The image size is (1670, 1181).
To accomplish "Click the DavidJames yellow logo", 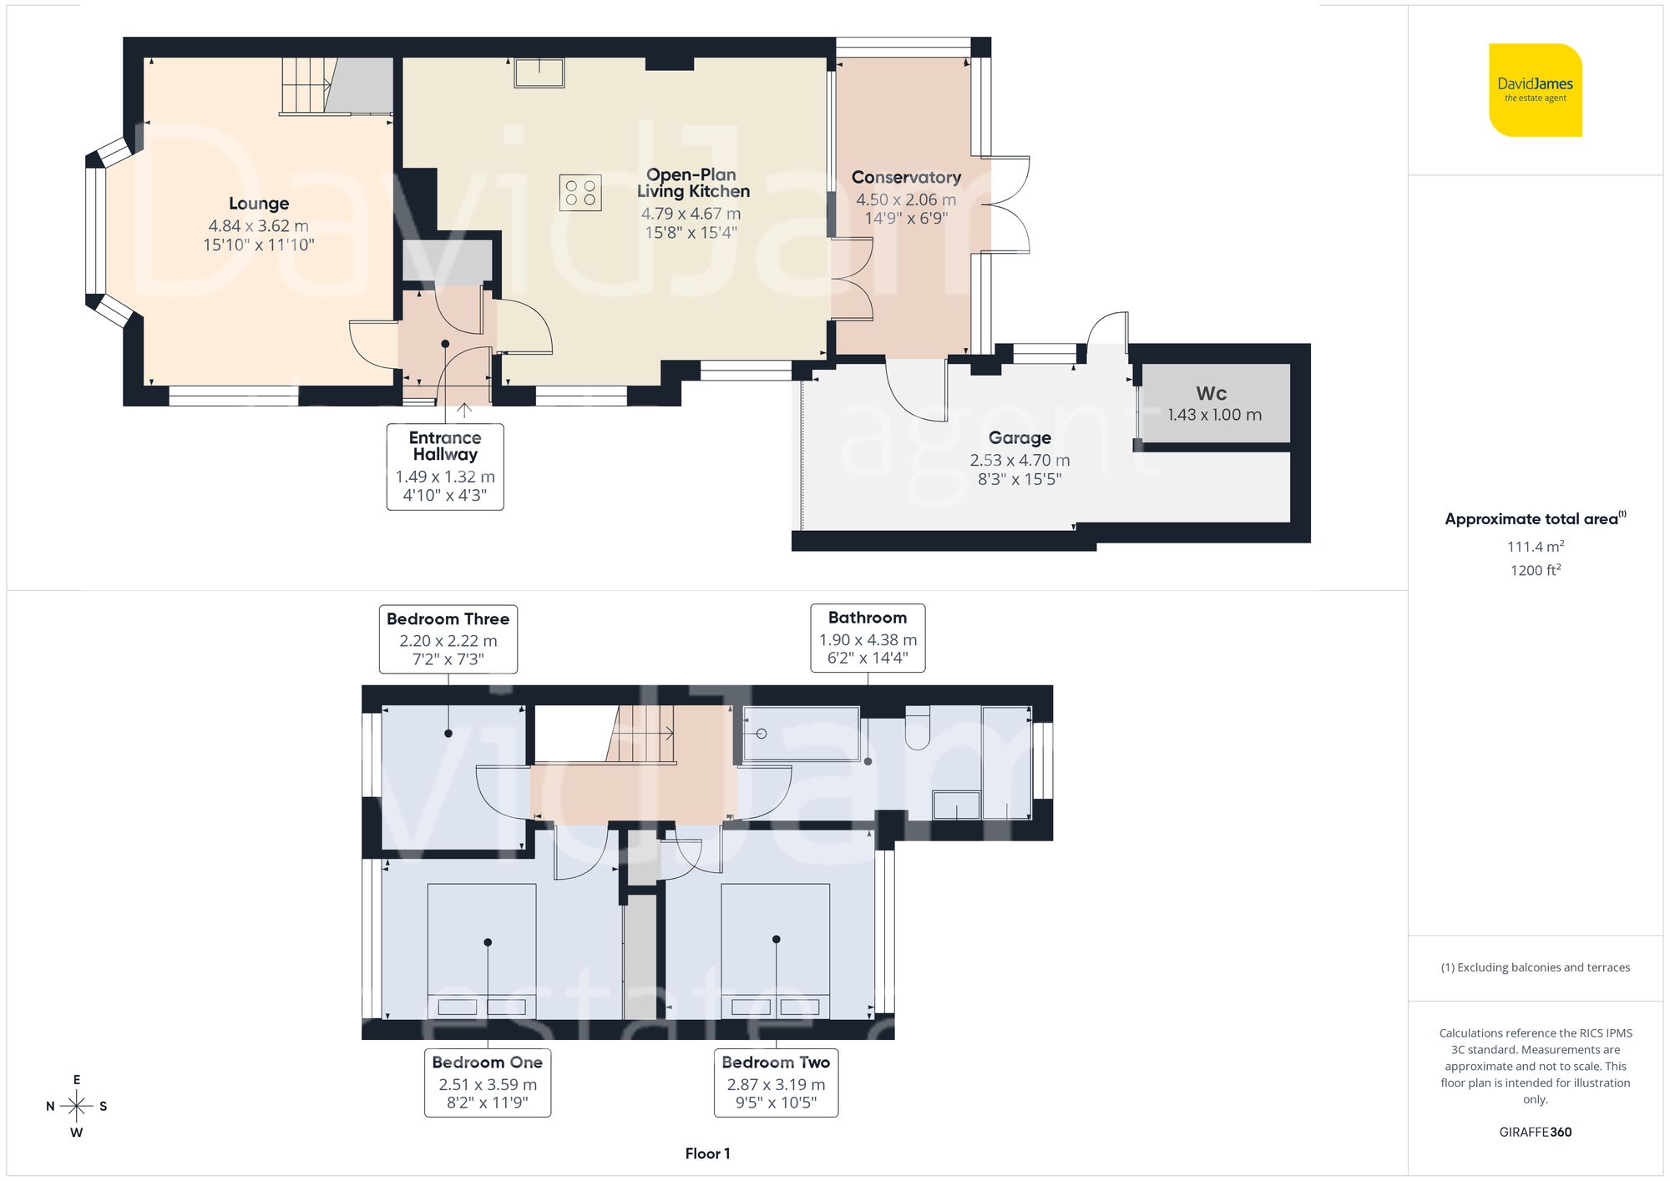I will click(1535, 90).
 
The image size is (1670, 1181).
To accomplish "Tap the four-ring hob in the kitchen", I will click(580, 193).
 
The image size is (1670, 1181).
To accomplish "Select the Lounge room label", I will click(259, 204).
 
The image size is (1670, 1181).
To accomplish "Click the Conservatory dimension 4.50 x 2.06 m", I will click(906, 199).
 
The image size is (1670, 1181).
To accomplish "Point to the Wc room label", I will click(1211, 393).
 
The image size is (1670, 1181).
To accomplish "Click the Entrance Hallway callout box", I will click(445, 466).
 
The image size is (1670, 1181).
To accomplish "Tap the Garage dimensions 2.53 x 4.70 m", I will click(1020, 460).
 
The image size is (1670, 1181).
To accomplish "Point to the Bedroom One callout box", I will click(488, 1083).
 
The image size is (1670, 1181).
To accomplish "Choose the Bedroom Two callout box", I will click(776, 1083).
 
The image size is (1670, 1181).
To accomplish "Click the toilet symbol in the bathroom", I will click(917, 728).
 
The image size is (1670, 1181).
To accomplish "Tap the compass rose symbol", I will click(77, 1107).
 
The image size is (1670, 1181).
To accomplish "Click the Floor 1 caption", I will click(707, 1153).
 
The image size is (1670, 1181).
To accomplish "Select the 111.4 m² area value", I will click(1535, 547).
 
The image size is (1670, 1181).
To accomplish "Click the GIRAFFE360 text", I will click(1535, 1132).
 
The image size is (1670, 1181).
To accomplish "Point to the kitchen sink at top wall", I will click(539, 73).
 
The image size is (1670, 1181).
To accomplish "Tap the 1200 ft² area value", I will click(1535, 570).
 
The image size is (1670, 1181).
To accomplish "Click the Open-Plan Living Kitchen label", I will click(692, 183).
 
